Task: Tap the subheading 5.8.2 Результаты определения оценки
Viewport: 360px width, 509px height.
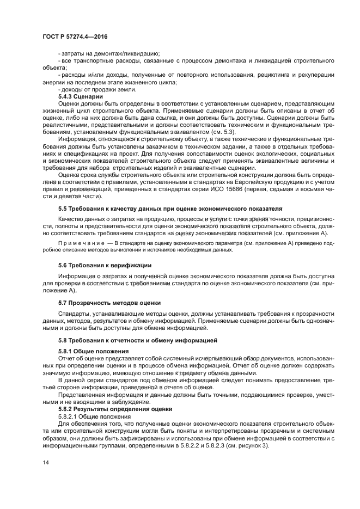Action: [x=115, y=408]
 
